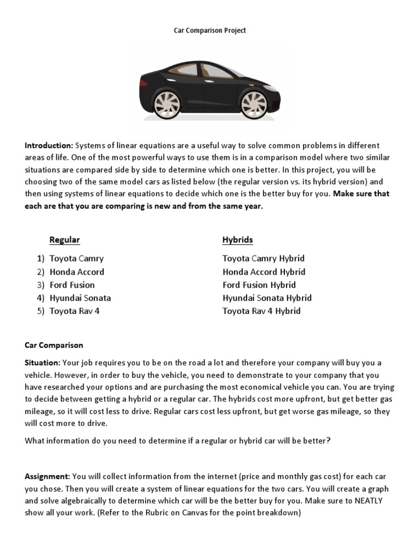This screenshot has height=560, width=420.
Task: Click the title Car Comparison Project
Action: click(x=210, y=31)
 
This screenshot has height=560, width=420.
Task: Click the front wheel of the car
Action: click(x=254, y=104)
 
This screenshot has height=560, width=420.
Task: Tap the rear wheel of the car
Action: click(x=167, y=104)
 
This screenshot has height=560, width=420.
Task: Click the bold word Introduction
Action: click(x=49, y=145)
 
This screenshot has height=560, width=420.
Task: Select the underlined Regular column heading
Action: click(x=65, y=240)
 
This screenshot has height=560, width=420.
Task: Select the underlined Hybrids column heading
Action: click(x=237, y=240)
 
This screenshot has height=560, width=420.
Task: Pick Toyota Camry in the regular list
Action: click(x=76, y=259)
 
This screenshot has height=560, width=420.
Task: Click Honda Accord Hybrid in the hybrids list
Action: click(x=264, y=272)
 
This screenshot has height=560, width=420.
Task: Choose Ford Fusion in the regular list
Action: click(x=72, y=285)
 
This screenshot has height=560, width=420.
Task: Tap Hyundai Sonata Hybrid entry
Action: click(x=267, y=298)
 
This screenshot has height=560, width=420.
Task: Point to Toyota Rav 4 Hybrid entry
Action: click(x=261, y=311)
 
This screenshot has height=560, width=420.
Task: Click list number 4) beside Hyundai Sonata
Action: click(x=40, y=298)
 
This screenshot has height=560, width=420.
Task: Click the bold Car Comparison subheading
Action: click(x=54, y=345)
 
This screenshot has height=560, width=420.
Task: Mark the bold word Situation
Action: click(x=42, y=363)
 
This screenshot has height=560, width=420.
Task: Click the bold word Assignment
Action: click(x=47, y=477)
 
